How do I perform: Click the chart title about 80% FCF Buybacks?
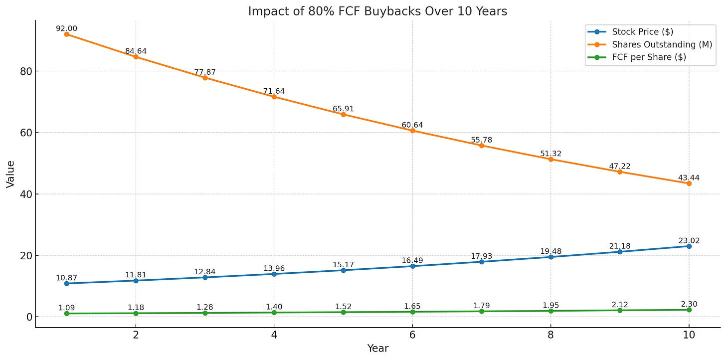coord(377,11)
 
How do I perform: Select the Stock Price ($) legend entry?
coord(642,32)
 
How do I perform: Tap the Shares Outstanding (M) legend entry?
coord(653,44)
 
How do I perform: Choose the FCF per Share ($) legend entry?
coord(649,57)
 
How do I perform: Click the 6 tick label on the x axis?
coord(412,335)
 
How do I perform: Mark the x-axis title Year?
coord(377,349)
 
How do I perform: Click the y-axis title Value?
coord(10,174)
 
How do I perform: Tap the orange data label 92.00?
coord(66,29)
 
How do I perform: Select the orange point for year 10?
coord(689,183)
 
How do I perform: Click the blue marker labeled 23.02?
coord(689,246)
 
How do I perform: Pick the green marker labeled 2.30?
coord(689,310)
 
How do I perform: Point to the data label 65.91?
coord(343,109)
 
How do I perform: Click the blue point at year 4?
coord(274,274)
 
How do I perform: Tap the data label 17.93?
coord(482,256)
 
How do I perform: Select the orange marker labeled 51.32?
coord(550,159)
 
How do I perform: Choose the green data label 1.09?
coord(66,308)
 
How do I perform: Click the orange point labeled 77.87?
coord(205,78)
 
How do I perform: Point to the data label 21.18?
coord(620,246)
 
